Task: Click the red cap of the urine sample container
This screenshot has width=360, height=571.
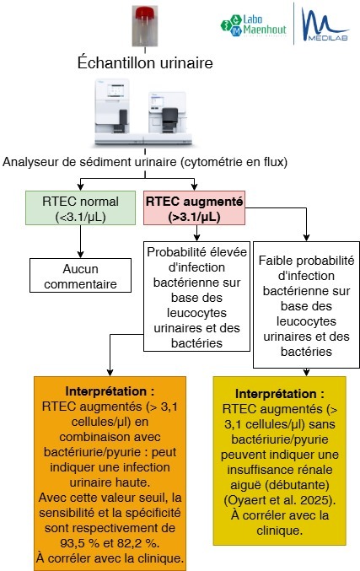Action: tap(145, 13)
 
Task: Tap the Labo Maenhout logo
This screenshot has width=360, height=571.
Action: tap(253, 25)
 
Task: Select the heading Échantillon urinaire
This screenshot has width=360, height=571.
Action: tap(145, 62)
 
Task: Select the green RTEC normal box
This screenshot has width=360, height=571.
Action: tap(80, 208)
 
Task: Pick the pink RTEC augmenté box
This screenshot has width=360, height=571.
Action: tap(195, 208)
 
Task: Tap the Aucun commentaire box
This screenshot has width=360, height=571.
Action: tap(80, 276)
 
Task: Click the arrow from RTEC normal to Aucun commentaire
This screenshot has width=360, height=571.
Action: tap(80, 241)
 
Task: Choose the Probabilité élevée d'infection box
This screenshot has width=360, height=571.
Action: tap(197, 296)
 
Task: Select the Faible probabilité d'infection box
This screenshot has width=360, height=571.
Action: tap(307, 304)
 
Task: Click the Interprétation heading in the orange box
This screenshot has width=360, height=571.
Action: tap(110, 391)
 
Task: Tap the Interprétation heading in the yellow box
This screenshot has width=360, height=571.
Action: tap(280, 394)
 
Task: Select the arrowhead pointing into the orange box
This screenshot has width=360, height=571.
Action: tap(110, 373)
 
